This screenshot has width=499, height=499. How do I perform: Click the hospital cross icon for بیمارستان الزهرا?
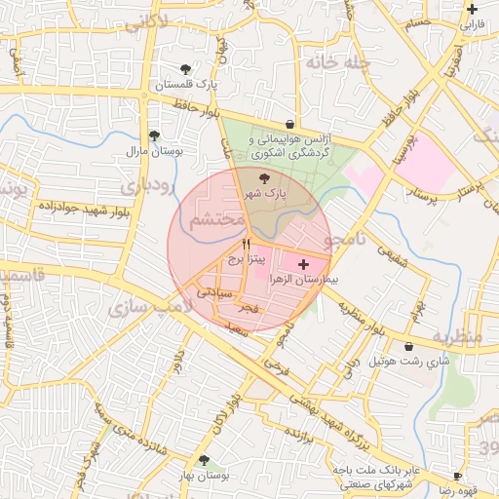(x=302, y=264)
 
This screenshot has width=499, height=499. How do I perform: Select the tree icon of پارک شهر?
(x=266, y=178)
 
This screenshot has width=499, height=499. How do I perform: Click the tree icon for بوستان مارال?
(x=153, y=136)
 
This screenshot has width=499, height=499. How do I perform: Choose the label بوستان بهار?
(x=204, y=475)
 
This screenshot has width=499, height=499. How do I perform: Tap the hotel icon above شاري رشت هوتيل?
(x=408, y=346)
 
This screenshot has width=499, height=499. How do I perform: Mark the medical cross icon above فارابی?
(x=472, y=9)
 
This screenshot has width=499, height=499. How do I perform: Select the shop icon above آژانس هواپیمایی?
(x=290, y=124)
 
